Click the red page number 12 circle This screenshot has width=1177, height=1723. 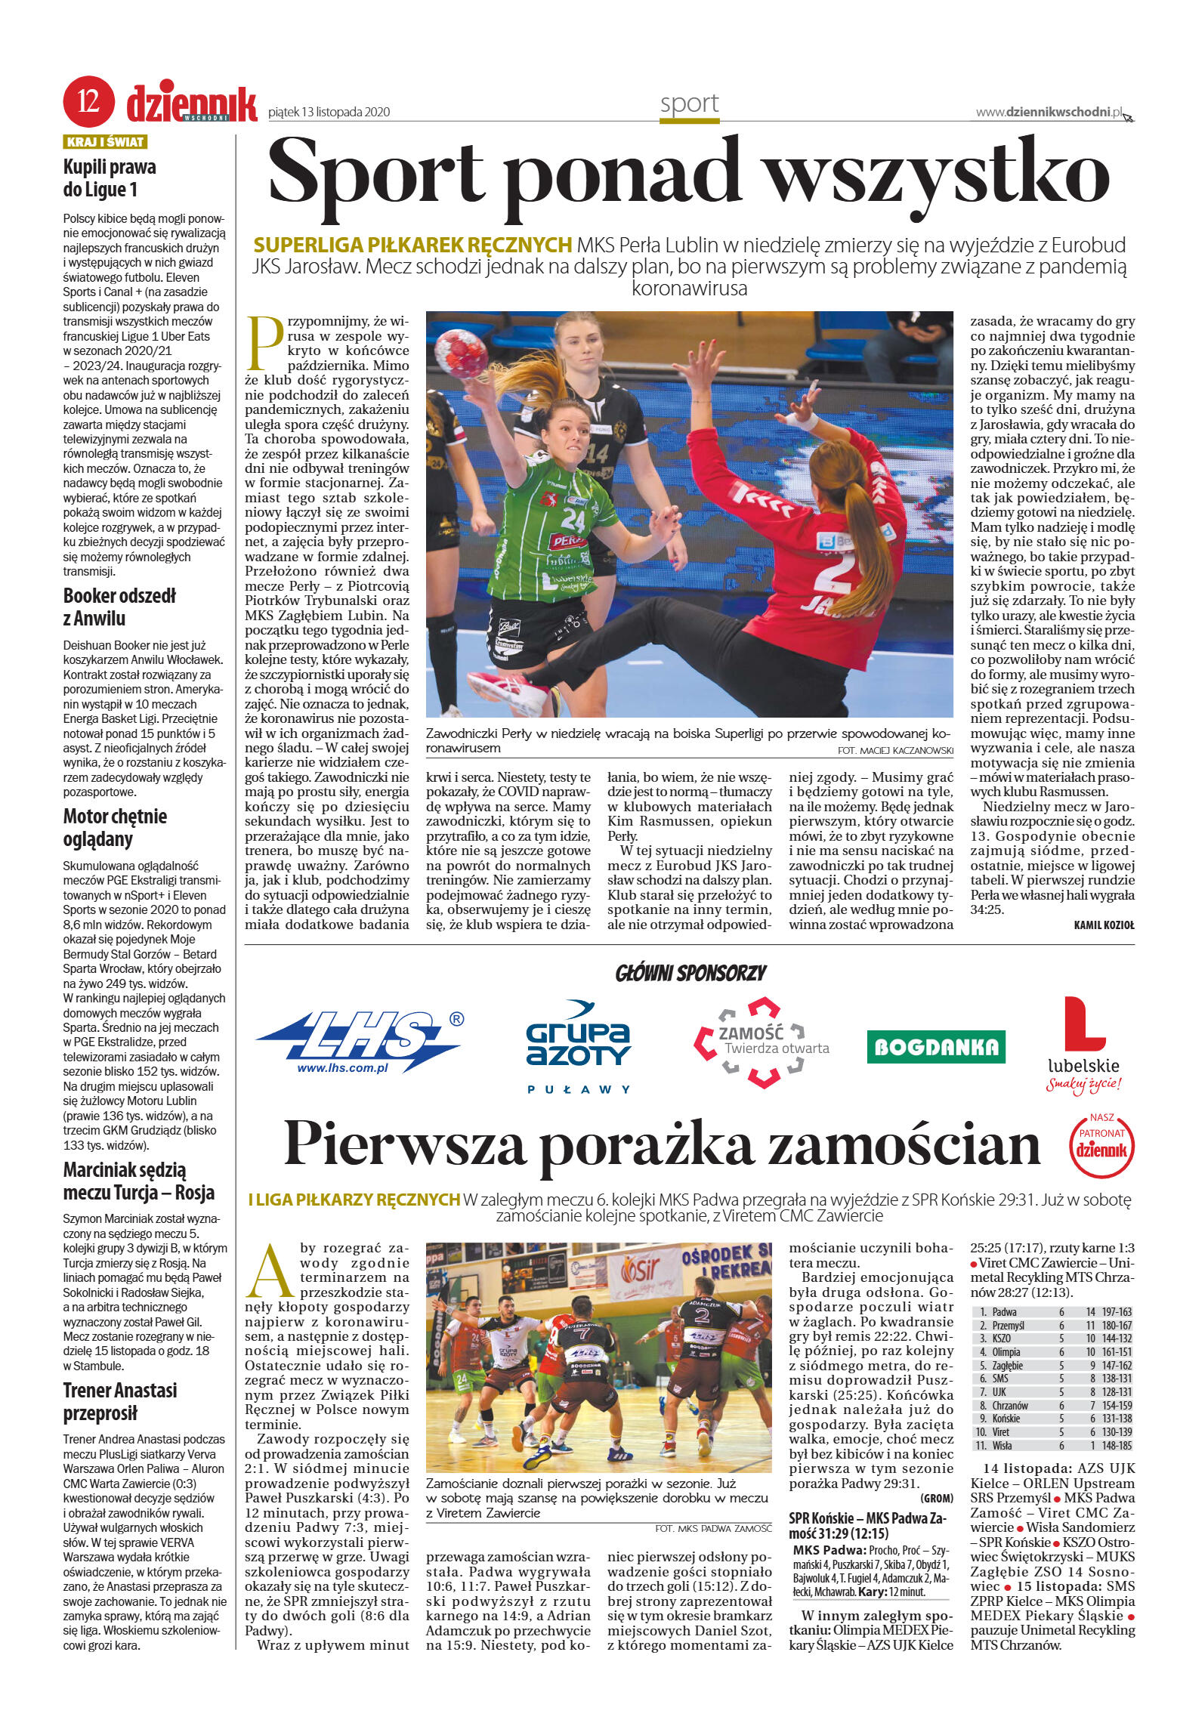click(x=88, y=101)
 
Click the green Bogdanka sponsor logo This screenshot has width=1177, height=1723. click(x=935, y=1046)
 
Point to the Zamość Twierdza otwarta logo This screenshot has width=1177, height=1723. click(x=761, y=1042)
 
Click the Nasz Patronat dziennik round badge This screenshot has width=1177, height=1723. click(x=1101, y=1146)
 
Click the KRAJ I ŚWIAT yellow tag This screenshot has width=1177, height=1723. click(x=105, y=142)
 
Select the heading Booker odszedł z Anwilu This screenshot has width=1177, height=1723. click(x=119, y=607)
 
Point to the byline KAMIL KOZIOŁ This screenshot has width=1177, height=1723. click(x=1103, y=925)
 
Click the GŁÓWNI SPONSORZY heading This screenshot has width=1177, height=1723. click(x=690, y=973)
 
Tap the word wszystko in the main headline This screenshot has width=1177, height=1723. click(x=938, y=171)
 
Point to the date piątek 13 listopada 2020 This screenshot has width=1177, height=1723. click(x=329, y=113)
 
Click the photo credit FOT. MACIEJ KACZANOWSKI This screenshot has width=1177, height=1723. click(x=894, y=750)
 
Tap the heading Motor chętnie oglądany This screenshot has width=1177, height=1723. click(x=115, y=827)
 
